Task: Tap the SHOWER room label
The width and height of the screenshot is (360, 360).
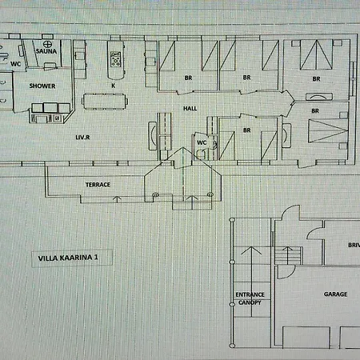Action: (x=41, y=85)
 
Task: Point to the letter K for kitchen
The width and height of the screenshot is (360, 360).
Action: (x=114, y=85)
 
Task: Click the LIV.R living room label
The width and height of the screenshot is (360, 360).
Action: (x=82, y=138)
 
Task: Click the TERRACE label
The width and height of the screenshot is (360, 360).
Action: (x=98, y=185)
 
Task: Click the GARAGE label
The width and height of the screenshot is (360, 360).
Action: (x=335, y=294)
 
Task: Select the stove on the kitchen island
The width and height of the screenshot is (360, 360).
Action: (x=115, y=58)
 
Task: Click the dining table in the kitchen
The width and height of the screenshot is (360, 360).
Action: (x=104, y=101)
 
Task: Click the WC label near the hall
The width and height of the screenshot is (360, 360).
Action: (x=202, y=144)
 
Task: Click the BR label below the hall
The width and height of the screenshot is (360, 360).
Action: (x=247, y=129)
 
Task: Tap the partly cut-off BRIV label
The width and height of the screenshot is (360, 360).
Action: (x=353, y=246)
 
